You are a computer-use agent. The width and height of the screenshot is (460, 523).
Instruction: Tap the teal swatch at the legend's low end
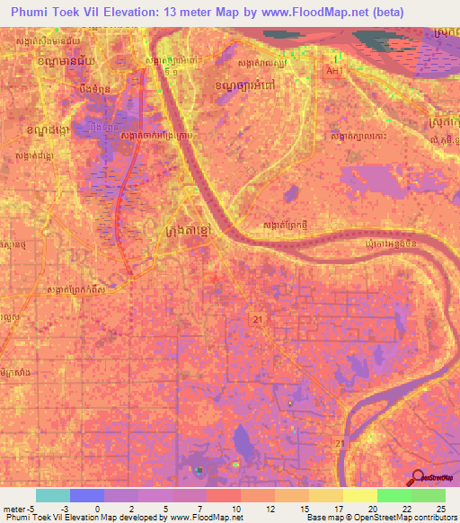click(x=53, y=495)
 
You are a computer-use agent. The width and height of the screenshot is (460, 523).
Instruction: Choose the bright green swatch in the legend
click(x=394, y=495)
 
